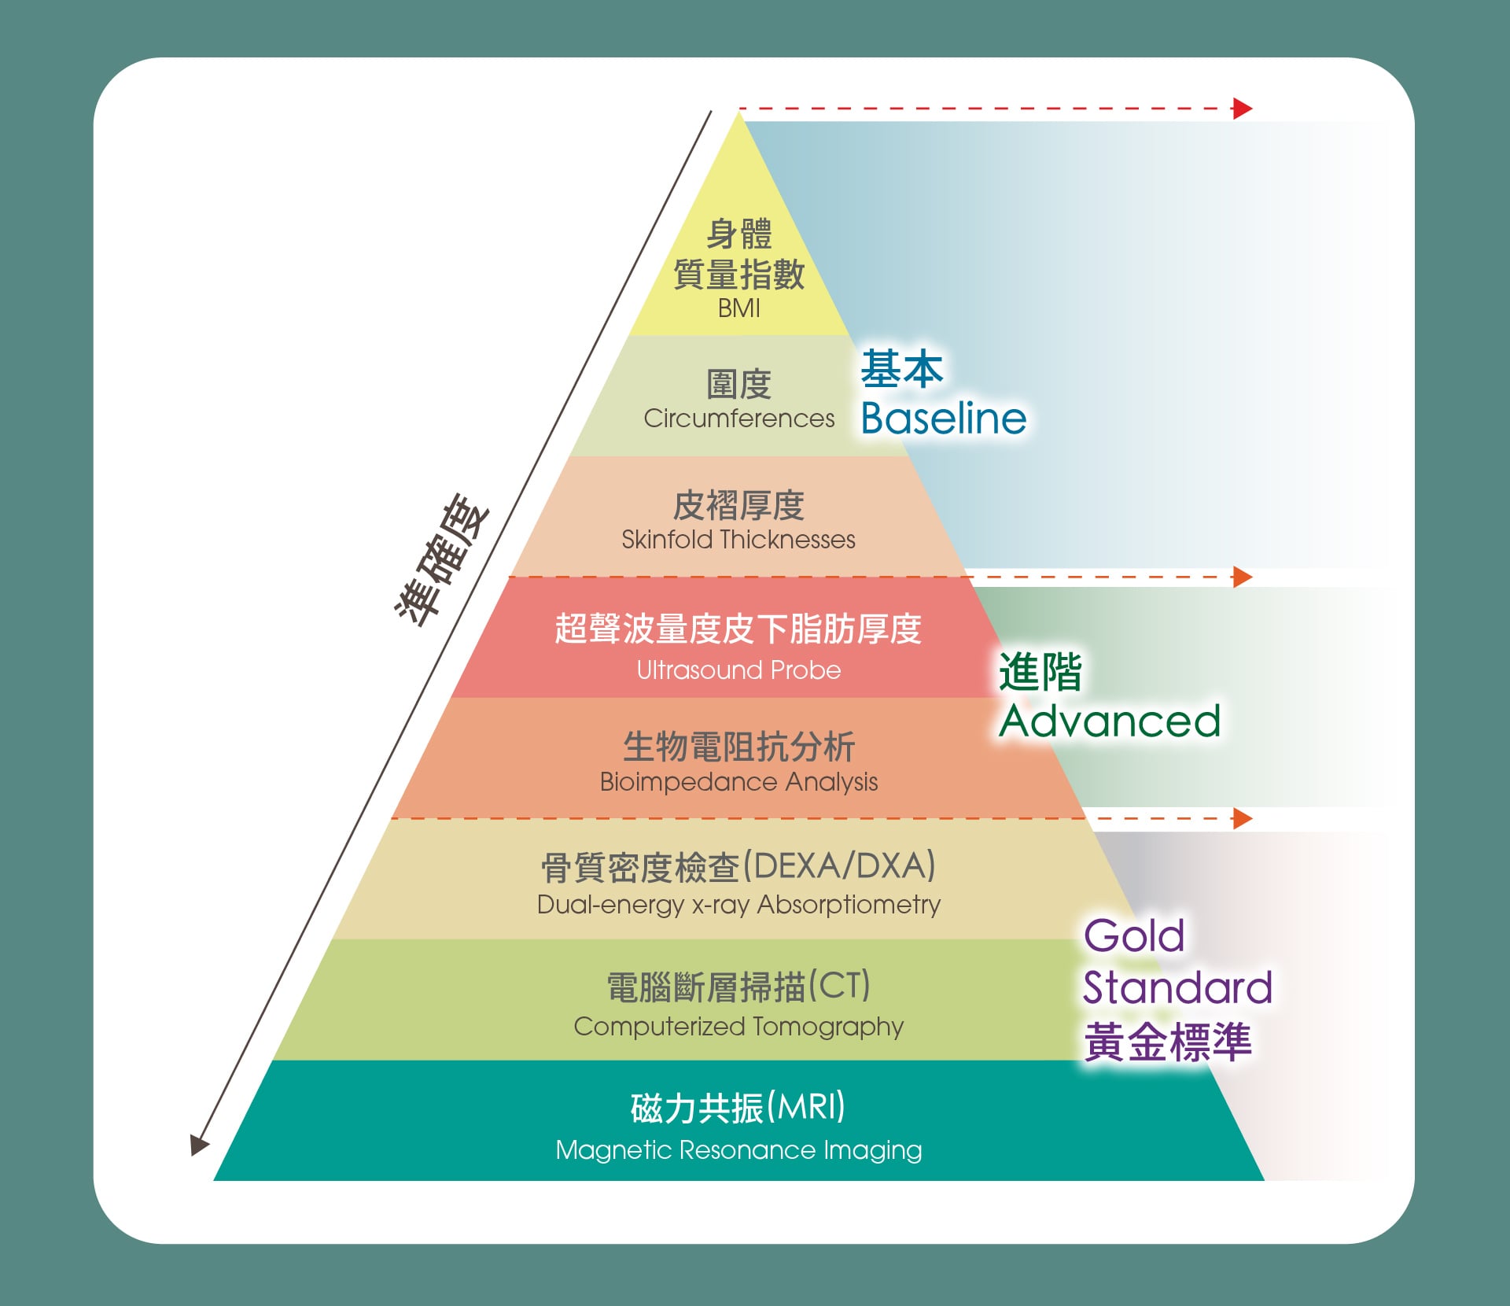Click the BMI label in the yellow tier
[738, 308]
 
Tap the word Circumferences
[738, 419]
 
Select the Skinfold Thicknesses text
[738, 540]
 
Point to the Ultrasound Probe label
[738, 670]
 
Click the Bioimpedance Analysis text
[738, 782]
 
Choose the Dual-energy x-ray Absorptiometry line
[738, 905]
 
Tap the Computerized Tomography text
[738, 1027]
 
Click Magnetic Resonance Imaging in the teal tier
[738, 1150]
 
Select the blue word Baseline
[943, 418]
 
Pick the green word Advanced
[1109, 721]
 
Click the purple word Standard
[1177, 988]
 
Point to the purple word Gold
[1133, 936]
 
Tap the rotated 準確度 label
[442, 560]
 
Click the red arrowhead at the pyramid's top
[1242, 109]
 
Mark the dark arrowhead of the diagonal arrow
[199, 1145]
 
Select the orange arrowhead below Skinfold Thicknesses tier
[1242, 577]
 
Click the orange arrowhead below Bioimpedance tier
[1242, 818]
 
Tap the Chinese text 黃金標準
[1167, 1042]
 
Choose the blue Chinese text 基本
[901, 369]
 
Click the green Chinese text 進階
[1040, 673]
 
